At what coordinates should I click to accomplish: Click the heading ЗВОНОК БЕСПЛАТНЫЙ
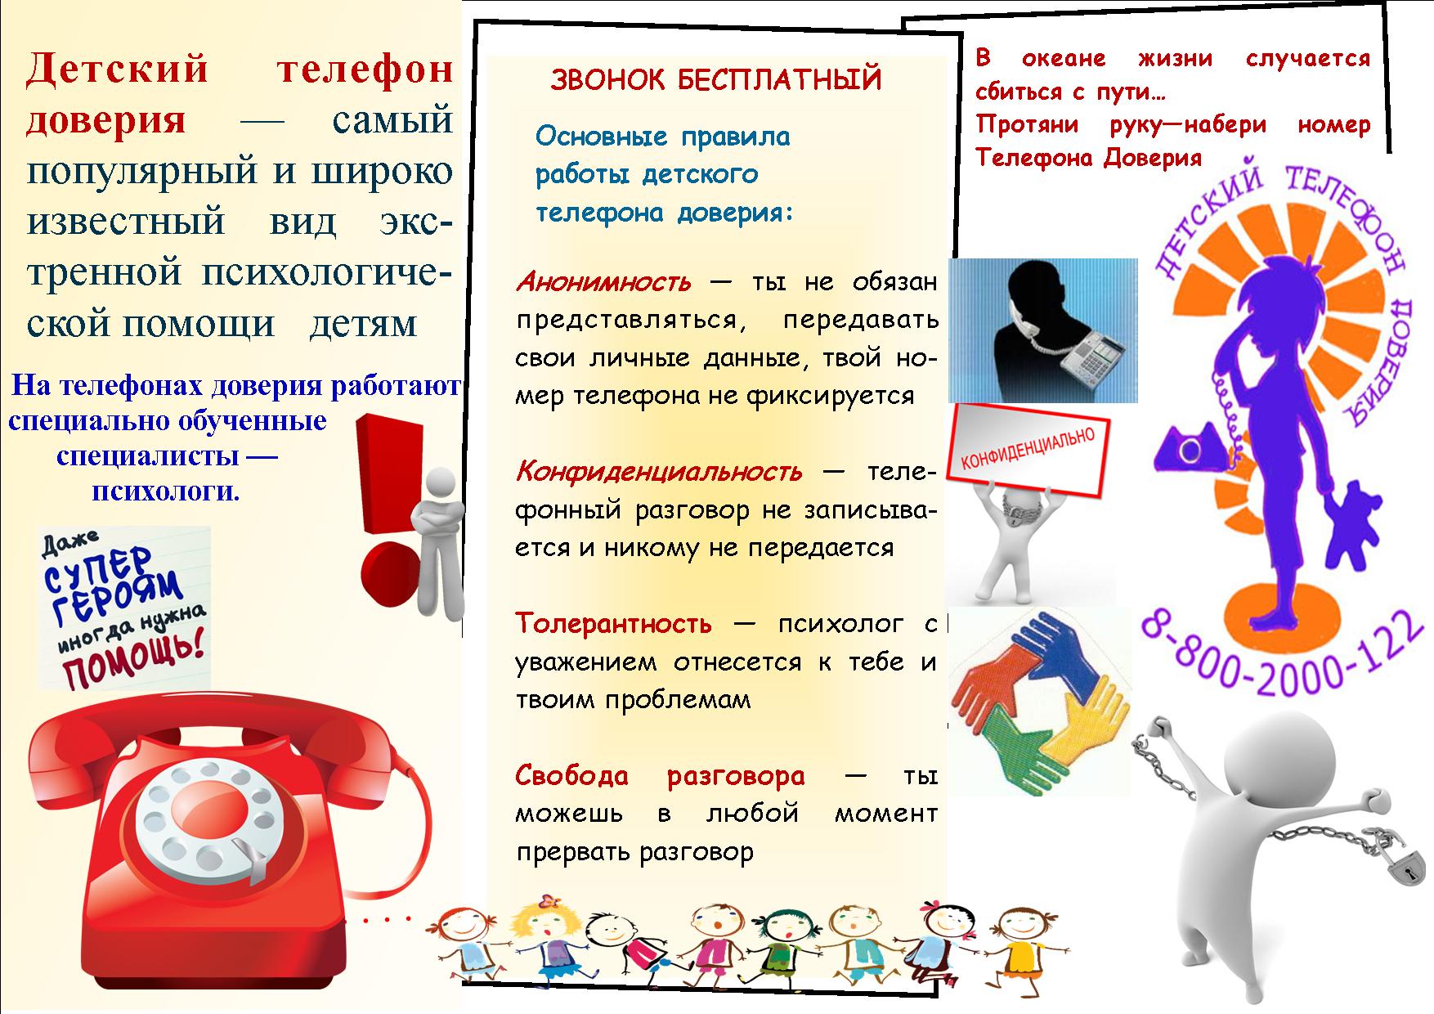click(716, 80)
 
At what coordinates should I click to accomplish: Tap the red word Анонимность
click(603, 282)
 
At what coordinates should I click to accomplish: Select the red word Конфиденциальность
click(659, 472)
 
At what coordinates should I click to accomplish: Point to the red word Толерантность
click(613, 623)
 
